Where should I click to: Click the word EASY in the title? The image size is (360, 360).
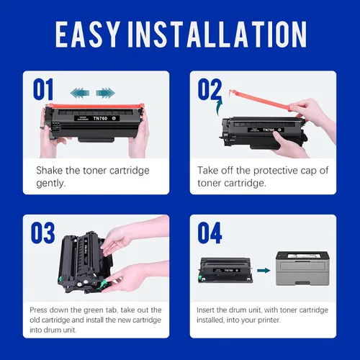pos(88,34)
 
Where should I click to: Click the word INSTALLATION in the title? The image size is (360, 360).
pos(217,34)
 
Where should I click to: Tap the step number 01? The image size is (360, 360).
pos(43,89)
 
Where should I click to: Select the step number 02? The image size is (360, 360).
pos(210,89)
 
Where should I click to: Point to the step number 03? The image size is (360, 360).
pos(43,233)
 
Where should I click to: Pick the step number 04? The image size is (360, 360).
pos(210,233)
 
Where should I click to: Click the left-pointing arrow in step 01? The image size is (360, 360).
pos(80,93)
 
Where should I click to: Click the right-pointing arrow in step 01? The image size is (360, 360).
pos(105,93)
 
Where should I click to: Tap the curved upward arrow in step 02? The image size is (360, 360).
pos(219,106)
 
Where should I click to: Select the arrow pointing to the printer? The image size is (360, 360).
pos(264,271)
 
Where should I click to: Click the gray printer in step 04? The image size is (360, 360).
pos(302,269)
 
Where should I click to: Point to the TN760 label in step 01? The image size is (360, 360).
pos(100,118)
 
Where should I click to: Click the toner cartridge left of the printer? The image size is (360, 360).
pos(225,270)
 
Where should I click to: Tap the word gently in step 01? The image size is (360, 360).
pos(51,184)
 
